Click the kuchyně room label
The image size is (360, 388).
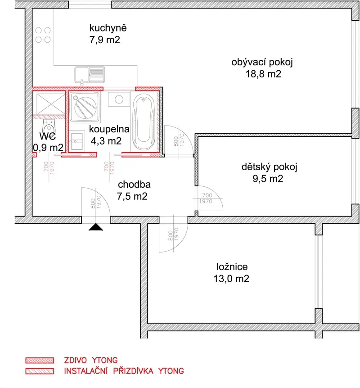point(108,28)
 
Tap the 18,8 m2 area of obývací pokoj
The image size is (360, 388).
point(263,74)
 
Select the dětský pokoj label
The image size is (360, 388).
point(269,167)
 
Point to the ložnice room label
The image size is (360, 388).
point(232,266)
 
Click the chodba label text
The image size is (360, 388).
point(134,185)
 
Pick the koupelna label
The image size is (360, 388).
point(109,129)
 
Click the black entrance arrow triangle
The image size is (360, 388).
point(96,227)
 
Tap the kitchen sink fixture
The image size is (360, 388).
point(90,75)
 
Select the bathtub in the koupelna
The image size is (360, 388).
point(144,122)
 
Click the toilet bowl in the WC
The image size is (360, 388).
point(49,126)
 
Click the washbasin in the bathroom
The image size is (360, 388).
point(76,141)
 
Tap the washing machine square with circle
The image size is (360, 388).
point(119,99)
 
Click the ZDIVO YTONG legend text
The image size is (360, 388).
point(91,360)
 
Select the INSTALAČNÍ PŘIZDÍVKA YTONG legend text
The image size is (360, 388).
point(124,371)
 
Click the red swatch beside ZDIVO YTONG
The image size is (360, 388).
point(40,360)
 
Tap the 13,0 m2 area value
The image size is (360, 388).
point(231,279)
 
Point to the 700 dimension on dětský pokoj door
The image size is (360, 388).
point(207,195)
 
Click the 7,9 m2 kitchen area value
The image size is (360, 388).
point(105,40)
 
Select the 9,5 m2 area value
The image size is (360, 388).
point(268,179)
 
